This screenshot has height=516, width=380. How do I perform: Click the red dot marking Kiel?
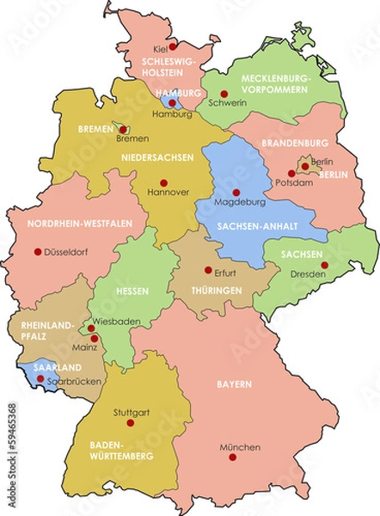[173, 46]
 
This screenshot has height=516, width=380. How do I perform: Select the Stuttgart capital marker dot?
[131, 422]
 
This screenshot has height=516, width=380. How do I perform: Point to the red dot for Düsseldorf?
[37, 252]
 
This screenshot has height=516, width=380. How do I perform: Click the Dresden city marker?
[325, 265]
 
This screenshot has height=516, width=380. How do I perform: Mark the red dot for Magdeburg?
[236, 192]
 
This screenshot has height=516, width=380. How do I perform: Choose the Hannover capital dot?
[163, 182]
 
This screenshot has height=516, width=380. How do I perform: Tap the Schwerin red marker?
[224, 94]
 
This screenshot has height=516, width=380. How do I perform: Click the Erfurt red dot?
[207, 270]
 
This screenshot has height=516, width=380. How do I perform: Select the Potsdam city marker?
[292, 173]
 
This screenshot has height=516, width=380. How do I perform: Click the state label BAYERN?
[234, 383]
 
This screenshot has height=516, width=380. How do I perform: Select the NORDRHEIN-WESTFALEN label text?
[80, 224]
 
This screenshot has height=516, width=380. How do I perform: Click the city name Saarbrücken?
[76, 381]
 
